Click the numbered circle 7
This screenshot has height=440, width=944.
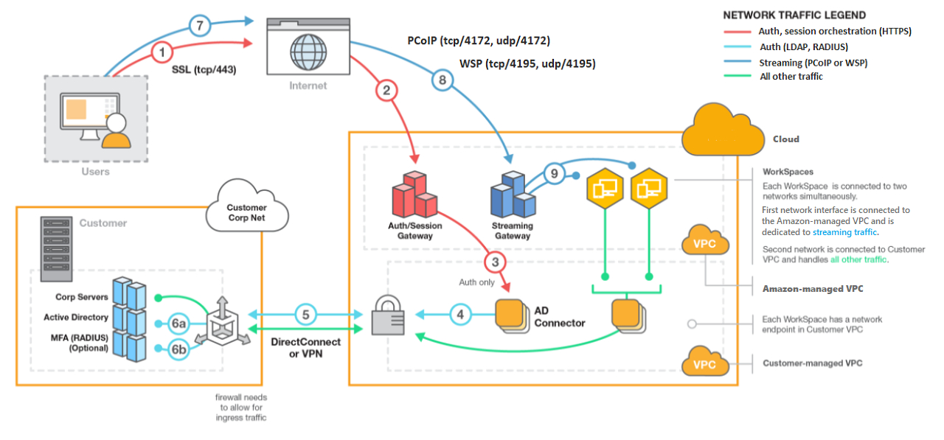tap(200, 27)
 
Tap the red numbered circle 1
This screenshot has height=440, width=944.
tap(163, 52)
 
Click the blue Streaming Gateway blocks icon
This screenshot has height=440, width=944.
tap(513, 194)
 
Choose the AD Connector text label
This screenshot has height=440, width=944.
tap(559, 317)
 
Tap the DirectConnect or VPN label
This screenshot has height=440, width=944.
tap(306, 347)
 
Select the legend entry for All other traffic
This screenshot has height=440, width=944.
tap(791, 77)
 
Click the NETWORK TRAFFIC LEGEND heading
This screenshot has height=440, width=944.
tap(794, 15)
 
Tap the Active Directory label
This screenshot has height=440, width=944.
tap(76, 318)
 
